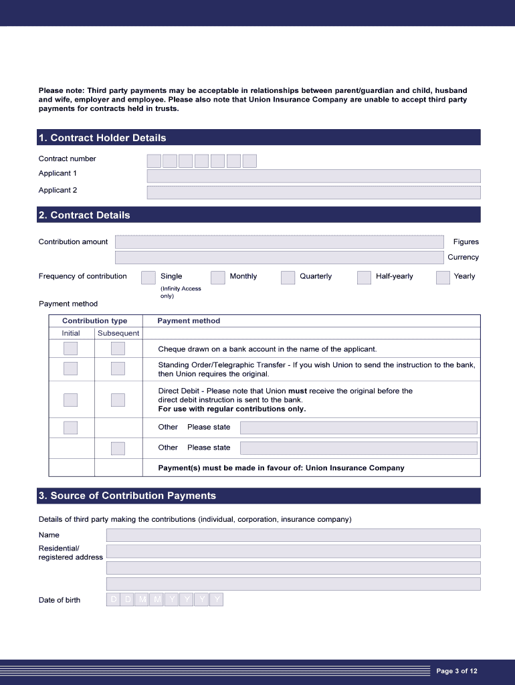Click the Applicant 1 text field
313,176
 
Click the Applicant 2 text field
313,193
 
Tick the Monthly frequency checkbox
217,278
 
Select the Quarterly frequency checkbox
288,278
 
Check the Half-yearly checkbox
364,278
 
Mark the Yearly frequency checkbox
443,278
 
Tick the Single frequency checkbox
148,278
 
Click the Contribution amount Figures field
279,242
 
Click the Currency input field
279,258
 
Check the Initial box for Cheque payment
70,349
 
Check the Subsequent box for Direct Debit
118,400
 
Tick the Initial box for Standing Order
70,369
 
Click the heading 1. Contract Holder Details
102,138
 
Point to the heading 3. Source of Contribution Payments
127,496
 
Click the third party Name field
293,535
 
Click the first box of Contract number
154,161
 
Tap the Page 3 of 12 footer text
457,672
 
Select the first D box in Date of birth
113,600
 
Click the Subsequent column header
118,333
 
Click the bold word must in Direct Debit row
297,391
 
